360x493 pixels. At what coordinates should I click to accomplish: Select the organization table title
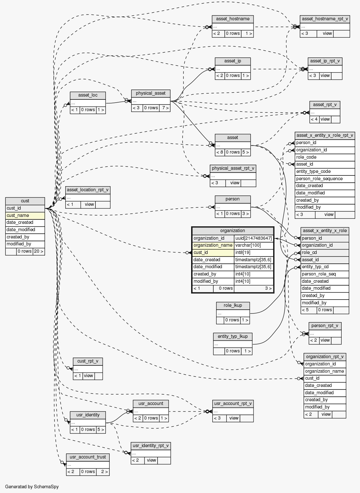click(233, 231)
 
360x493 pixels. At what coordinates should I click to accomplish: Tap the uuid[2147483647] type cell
click(254, 238)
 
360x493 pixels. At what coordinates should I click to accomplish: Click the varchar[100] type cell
click(254, 245)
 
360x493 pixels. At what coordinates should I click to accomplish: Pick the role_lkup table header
click(233, 306)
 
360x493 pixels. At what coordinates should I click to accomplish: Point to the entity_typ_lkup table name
click(233, 336)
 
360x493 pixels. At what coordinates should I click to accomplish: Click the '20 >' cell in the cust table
click(39, 251)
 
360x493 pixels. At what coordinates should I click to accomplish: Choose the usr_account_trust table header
click(88, 457)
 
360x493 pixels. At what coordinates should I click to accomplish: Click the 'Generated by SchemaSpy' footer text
click(32, 487)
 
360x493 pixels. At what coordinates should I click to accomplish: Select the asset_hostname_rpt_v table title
click(325, 19)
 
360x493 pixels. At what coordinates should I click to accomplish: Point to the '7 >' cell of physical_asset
click(165, 108)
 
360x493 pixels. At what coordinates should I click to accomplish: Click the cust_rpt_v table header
click(88, 361)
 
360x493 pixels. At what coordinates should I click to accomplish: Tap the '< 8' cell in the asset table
click(220, 152)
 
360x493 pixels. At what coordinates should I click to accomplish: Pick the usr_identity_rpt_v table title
click(151, 446)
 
